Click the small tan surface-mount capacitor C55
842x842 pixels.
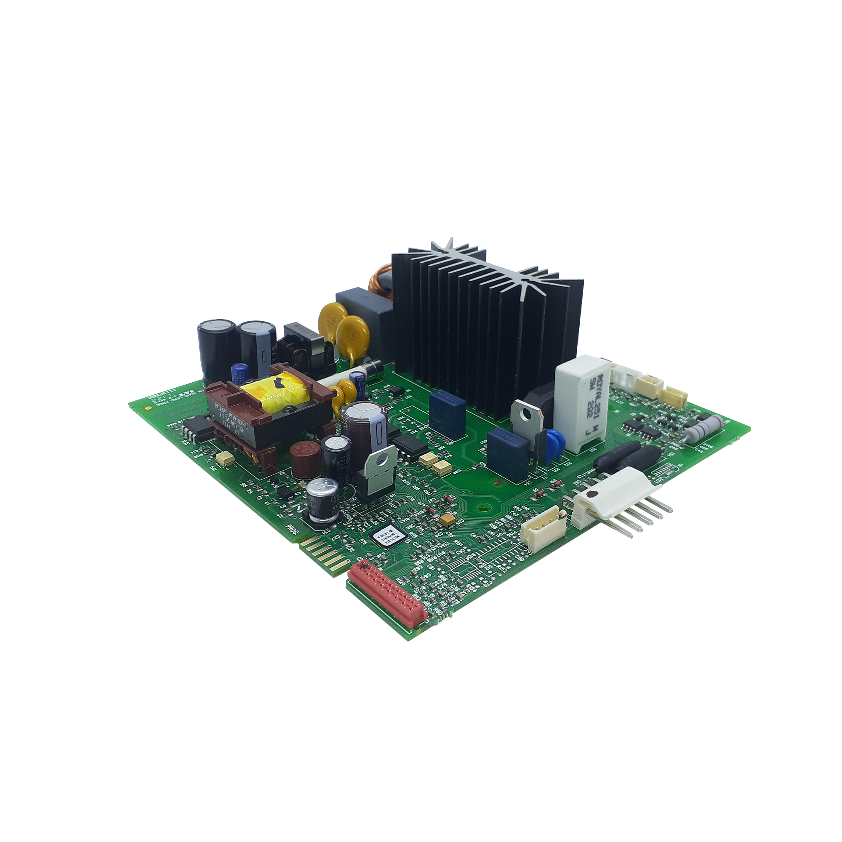click(x=447, y=519)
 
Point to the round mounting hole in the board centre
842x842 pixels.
click(x=482, y=507)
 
